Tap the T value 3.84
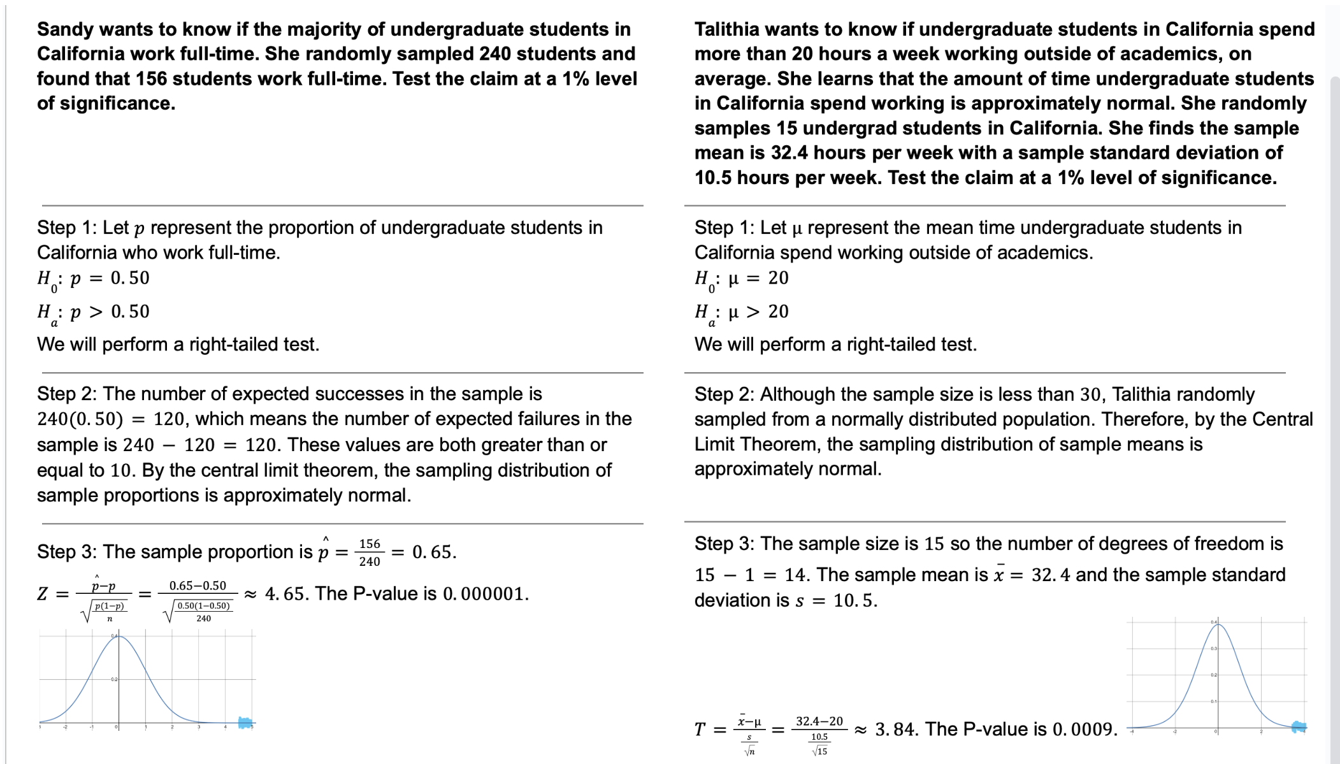pos(895,729)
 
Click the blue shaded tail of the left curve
pos(245,723)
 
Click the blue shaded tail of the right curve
pos(1299,726)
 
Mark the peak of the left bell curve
pos(119,637)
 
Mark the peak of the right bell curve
pos(1218,625)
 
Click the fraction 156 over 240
pos(370,552)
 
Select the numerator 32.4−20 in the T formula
pos(819,721)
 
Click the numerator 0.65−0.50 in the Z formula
pos(198,586)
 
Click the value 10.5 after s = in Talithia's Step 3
pos(854,601)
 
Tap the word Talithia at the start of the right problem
pos(727,29)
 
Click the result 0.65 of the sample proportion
pos(433,552)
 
